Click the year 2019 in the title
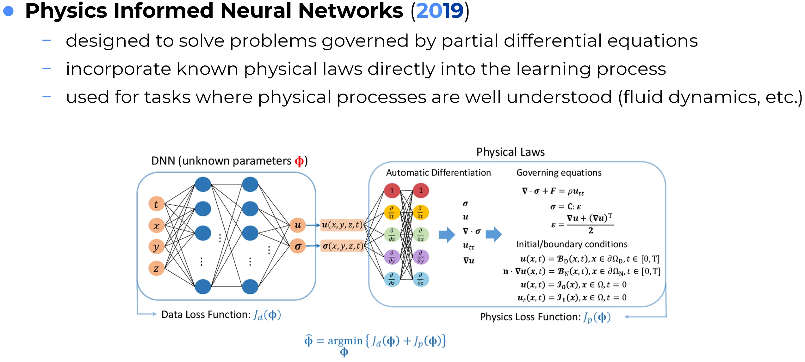point(440,11)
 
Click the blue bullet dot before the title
point(9,11)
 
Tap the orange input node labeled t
point(156,204)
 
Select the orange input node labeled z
point(156,268)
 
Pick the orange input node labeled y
point(156,247)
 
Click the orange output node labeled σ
point(298,246)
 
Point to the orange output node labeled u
point(298,225)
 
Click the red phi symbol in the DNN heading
point(299,161)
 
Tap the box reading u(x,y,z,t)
point(342,225)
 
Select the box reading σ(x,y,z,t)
point(342,246)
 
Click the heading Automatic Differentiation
point(438,173)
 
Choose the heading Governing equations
point(559,173)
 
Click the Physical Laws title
point(511,152)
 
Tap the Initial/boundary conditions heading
point(572,244)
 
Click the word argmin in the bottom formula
point(345,341)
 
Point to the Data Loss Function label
point(206,315)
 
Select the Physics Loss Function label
point(530,317)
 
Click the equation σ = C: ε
point(566,207)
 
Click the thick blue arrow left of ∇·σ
point(447,235)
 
